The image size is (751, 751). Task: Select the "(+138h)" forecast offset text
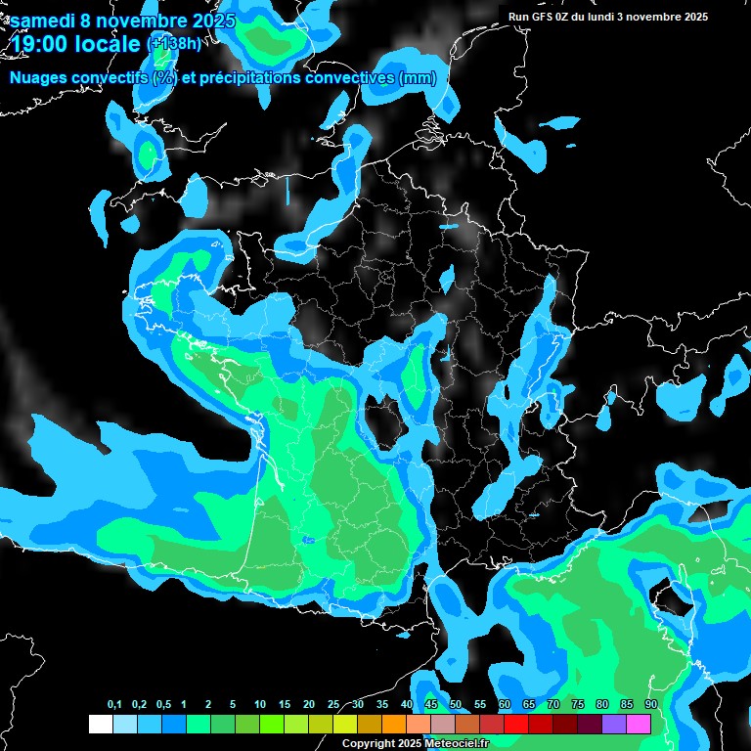pyautogui.click(x=175, y=43)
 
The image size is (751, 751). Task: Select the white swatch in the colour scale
pyautogui.click(x=100, y=724)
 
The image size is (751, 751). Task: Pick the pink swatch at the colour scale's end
pyautogui.click(x=639, y=724)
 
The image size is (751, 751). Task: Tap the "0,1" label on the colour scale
pyautogui.click(x=113, y=705)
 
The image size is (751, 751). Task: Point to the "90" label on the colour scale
pyautogui.click(x=650, y=705)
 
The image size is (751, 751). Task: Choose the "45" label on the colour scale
pyautogui.click(x=431, y=705)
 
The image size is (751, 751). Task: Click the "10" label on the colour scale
pyautogui.click(x=260, y=705)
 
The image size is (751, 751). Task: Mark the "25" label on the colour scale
pyautogui.click(x=333, y=705)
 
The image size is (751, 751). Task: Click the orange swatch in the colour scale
pyautogui.click(x=393, y=724)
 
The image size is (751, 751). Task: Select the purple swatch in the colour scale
pyautogui.click(x=614, y=724)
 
